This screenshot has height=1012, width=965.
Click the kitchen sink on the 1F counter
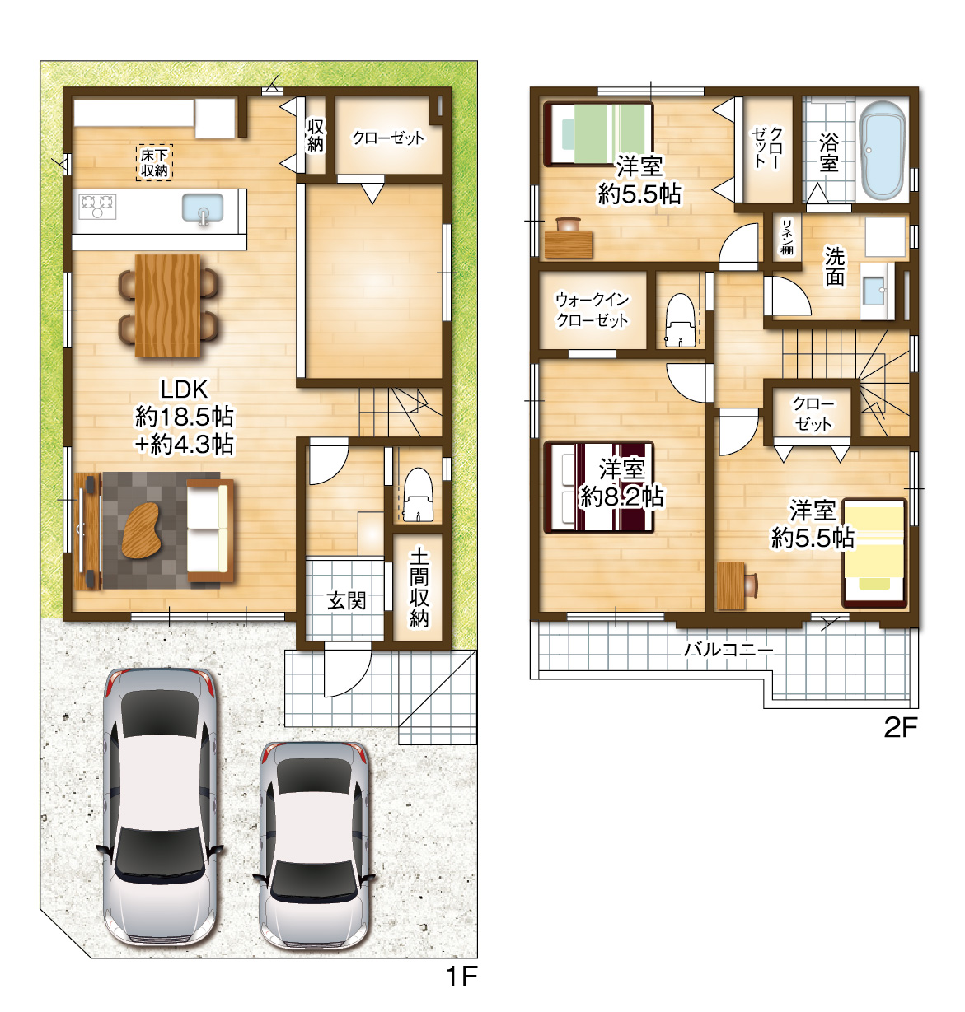203,209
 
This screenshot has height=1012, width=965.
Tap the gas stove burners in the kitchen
97,205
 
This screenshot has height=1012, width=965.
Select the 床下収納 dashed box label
154,163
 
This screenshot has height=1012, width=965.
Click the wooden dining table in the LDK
167,305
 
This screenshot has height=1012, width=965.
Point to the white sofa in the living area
209,530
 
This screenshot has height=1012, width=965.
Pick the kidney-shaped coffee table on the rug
140,531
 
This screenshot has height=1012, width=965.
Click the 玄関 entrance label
346,601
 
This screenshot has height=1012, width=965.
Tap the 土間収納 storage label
419,588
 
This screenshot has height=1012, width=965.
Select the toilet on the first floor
418,495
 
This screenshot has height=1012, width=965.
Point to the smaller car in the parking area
314,845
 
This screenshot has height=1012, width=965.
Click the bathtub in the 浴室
883,150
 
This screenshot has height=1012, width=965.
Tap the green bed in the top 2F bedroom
598,134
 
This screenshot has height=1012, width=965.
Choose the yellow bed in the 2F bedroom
874,553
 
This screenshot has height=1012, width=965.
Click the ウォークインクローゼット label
593,310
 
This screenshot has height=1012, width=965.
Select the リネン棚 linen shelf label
787,236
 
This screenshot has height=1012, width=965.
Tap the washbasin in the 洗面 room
877,291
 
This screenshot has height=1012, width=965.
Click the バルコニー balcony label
728,650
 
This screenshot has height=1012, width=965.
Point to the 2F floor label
901,728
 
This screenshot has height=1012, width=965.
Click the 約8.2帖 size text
622,497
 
